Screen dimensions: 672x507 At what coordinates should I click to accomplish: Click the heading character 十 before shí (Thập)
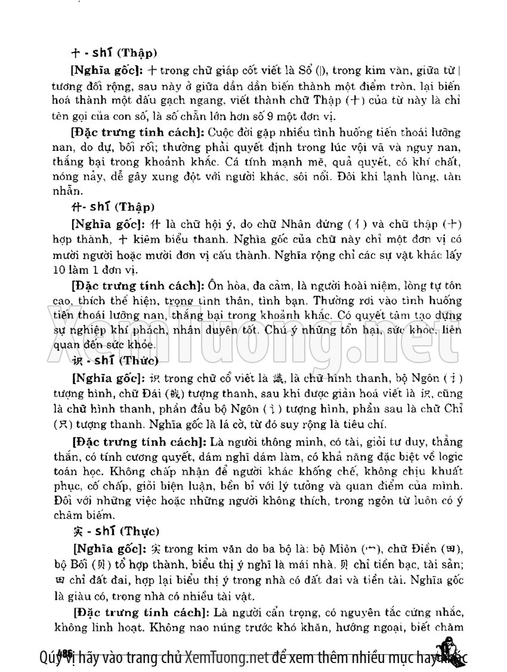point(74,52)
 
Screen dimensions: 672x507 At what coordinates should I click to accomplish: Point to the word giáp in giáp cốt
point(237,70)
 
